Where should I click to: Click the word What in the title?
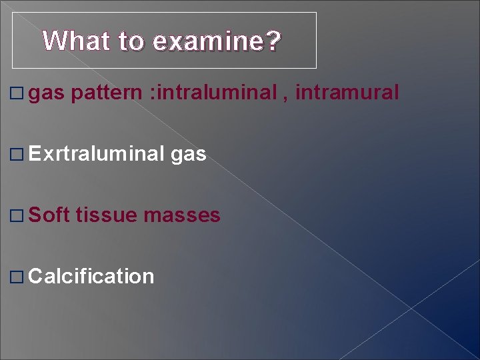point(77,41)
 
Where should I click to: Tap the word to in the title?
point(131,41)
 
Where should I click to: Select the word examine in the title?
point(207,41)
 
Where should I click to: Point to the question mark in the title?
point(273,41)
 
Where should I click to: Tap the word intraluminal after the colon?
point(213,92)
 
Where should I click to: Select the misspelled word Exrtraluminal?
point(97,154)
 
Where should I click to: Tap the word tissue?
point(107,215)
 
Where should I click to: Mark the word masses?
point(182,216)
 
